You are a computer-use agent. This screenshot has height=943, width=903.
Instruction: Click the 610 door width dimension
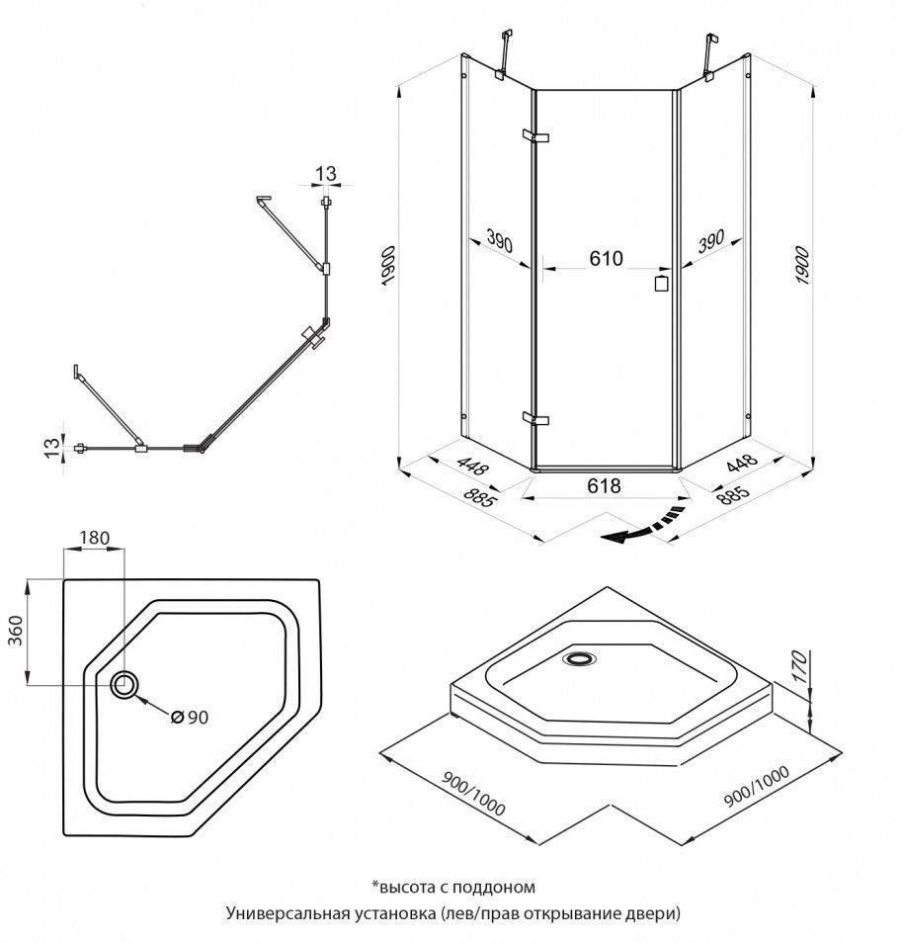[x=606, y=259]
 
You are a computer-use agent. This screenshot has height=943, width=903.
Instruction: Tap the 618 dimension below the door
[x=604, y=485]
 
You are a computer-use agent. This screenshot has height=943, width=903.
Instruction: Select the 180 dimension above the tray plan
[x=95, y=538]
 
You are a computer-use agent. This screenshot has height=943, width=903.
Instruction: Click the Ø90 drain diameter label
[x=189, y=718]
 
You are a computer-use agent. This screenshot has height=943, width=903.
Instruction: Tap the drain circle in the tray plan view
[x=125, y=684]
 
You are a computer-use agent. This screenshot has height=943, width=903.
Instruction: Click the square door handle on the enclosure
[x=661, y=283]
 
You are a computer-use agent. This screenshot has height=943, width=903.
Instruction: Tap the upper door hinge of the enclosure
[x=534, y=135]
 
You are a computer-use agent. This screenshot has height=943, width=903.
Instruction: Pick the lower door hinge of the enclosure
[x=534, y=418]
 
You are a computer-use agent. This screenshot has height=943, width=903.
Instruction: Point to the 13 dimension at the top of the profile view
[x=326, y=174]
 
